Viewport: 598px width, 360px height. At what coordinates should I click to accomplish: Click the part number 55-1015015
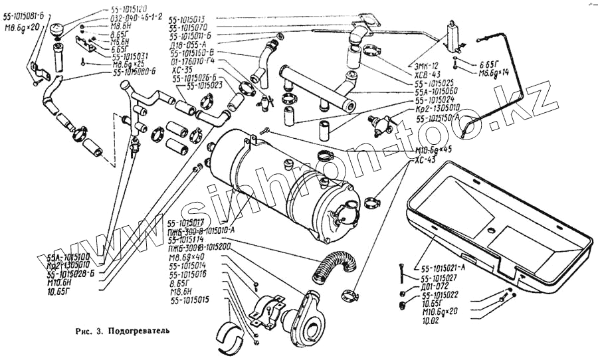189,300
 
